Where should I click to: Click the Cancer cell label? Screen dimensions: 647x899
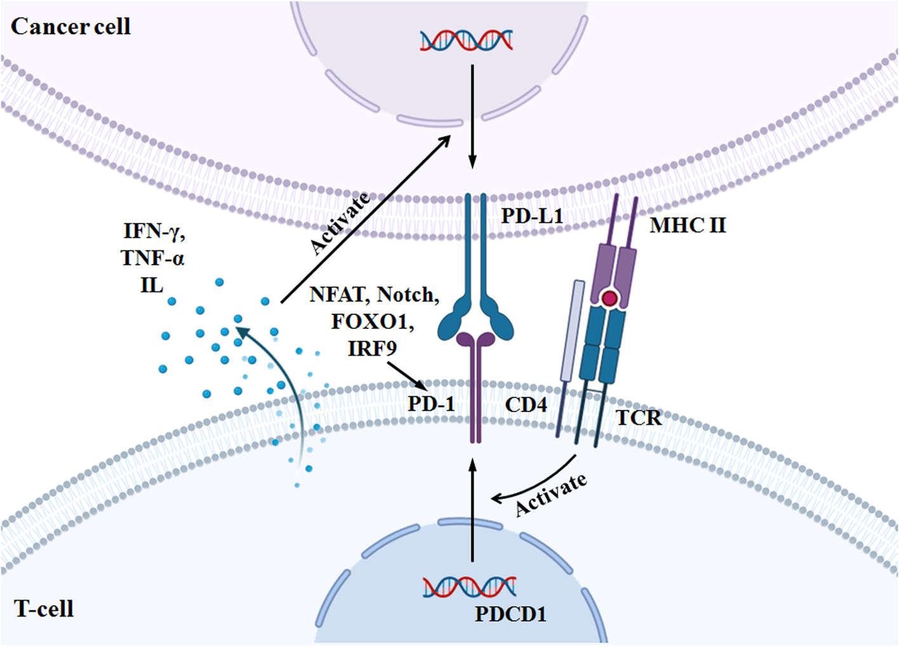point(70,27)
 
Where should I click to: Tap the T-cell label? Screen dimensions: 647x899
point(44,609)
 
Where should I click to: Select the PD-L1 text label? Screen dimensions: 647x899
point(532,216)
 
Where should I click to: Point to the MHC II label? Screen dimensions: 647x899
point(688,225)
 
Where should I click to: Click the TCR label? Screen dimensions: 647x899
point(639,417)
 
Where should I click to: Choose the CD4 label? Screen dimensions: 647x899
point(526,404)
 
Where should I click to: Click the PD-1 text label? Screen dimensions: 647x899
point(431,403)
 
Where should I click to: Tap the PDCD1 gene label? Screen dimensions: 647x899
point(510,615)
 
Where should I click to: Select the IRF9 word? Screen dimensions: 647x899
point(372,348)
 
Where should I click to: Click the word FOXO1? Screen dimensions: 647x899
point(372,321)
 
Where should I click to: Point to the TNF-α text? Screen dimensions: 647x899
point(152,258)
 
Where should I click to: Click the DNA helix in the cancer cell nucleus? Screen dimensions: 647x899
point(467,40)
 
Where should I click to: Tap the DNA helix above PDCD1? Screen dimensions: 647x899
point(470,587)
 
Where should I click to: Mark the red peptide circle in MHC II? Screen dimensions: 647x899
point(609,298)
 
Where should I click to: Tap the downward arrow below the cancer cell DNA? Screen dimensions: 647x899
point(472,114)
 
